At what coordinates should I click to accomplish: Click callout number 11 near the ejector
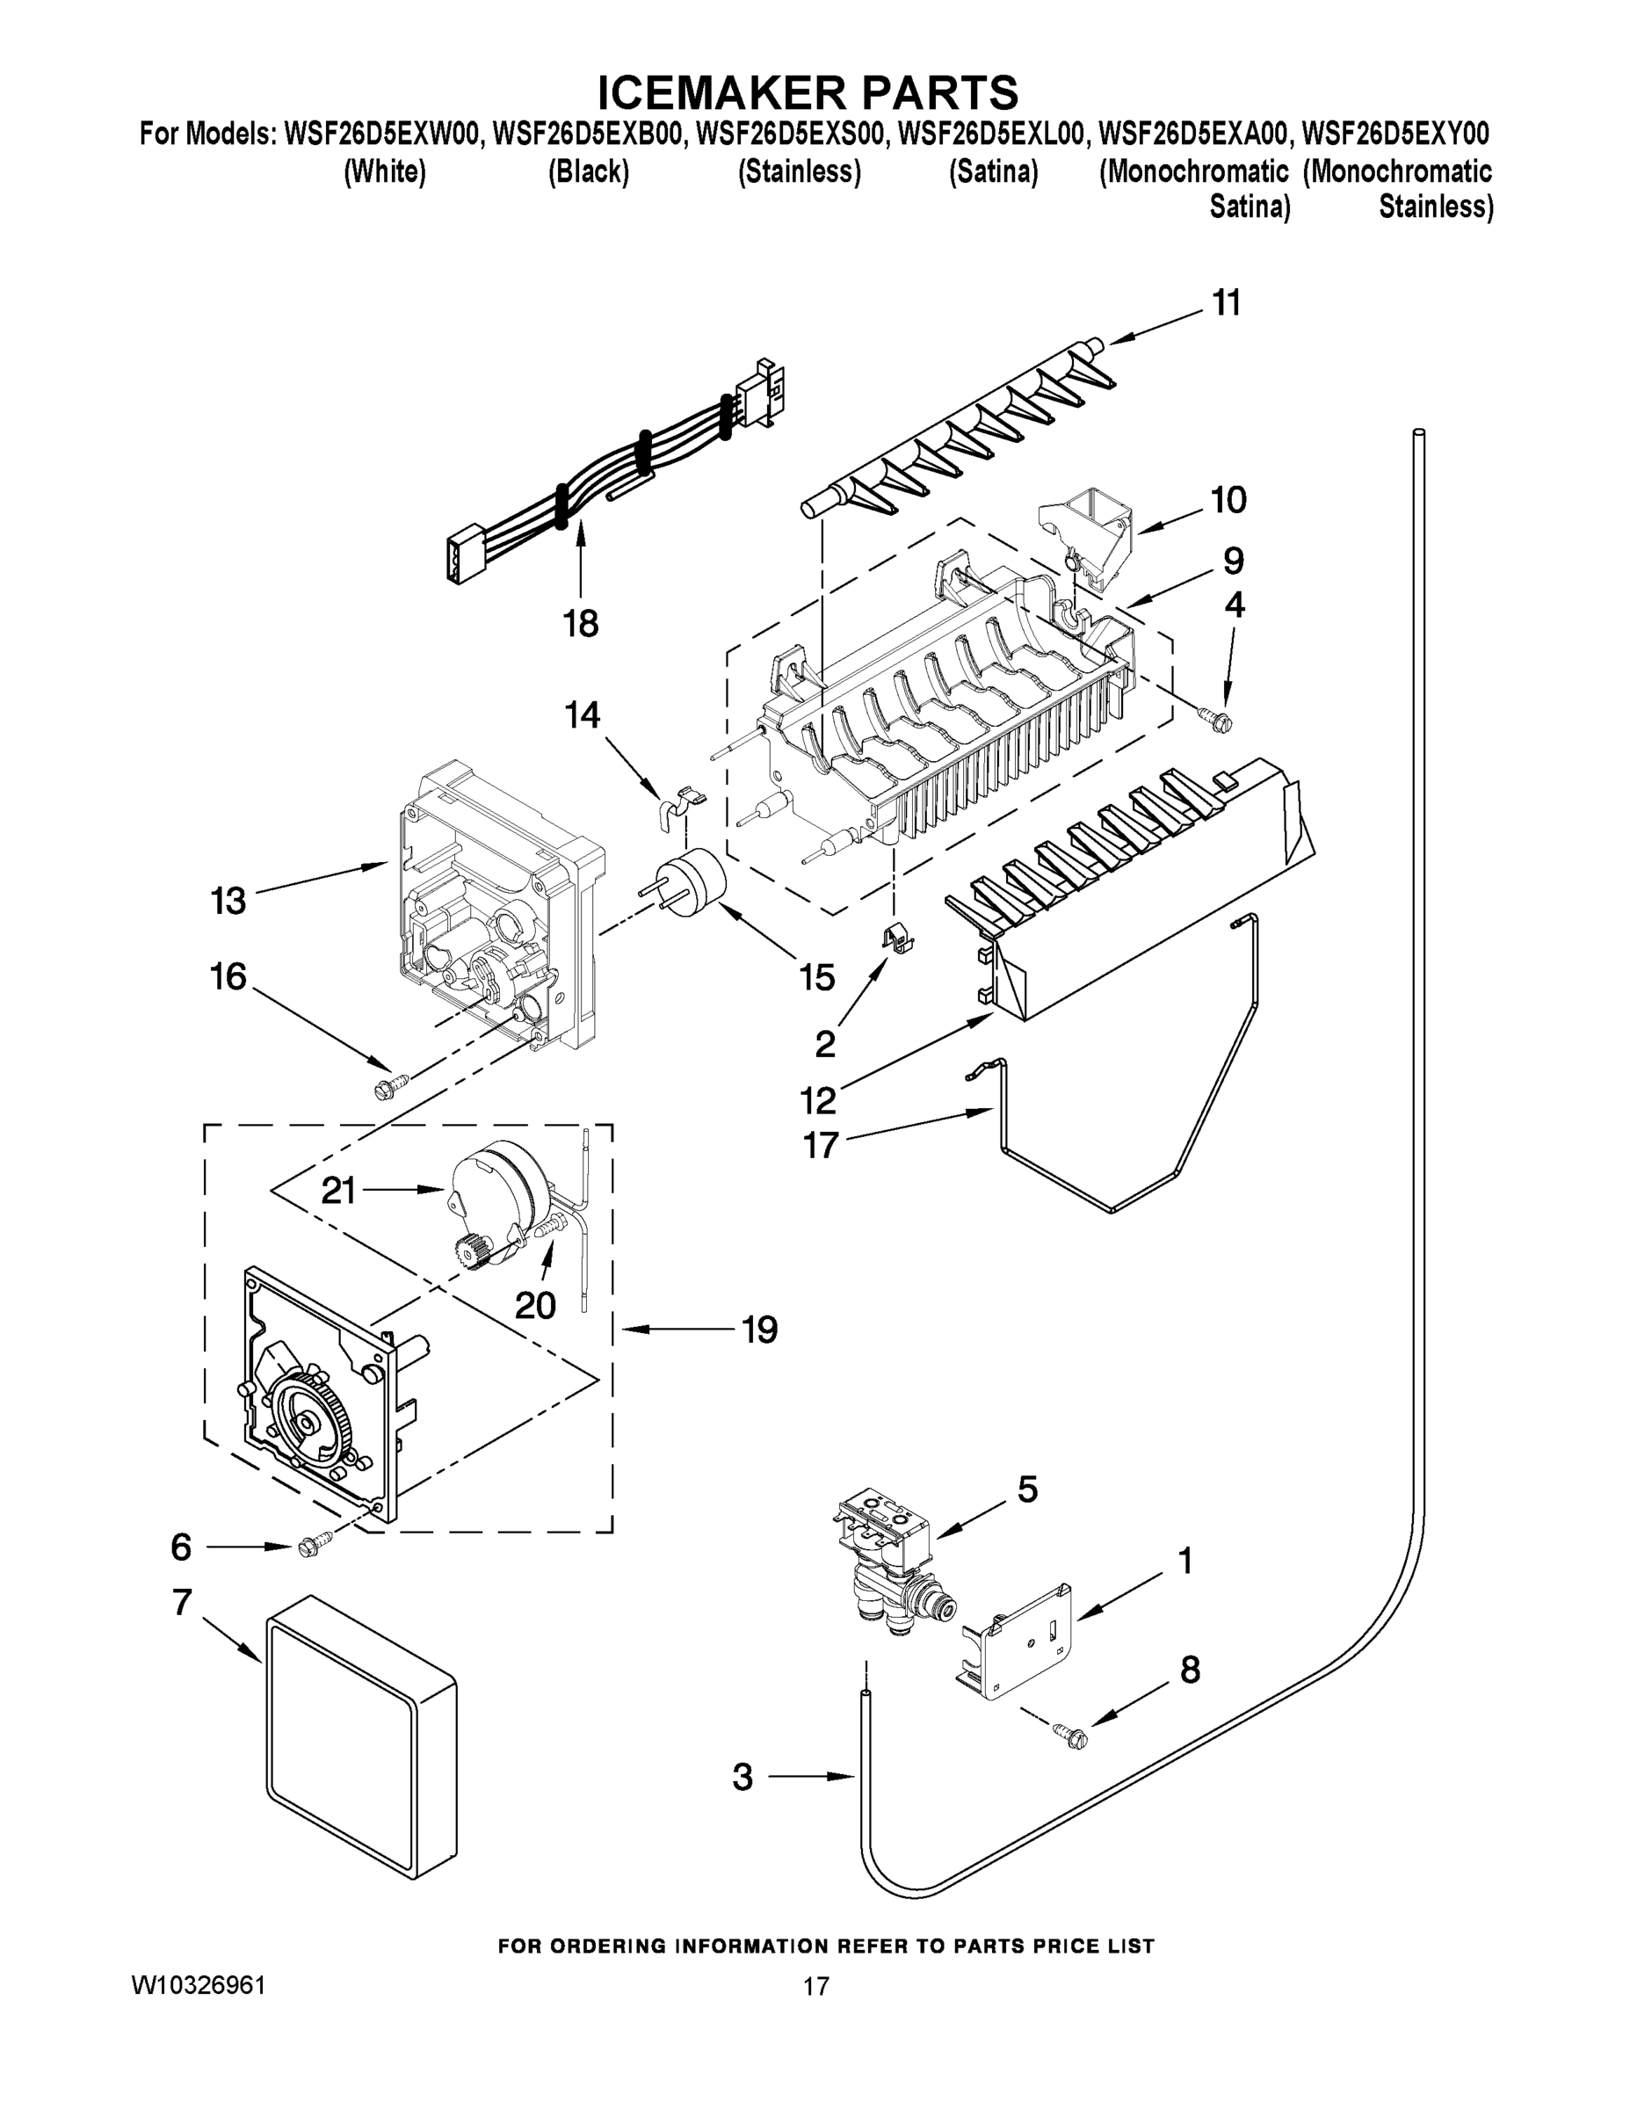(x=1226, y=303)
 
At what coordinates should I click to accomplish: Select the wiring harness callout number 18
(x=580, y=624)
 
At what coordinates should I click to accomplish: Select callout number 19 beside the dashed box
(x=759, y=1330)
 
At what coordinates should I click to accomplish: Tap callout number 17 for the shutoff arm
(x=820, y=1146)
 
